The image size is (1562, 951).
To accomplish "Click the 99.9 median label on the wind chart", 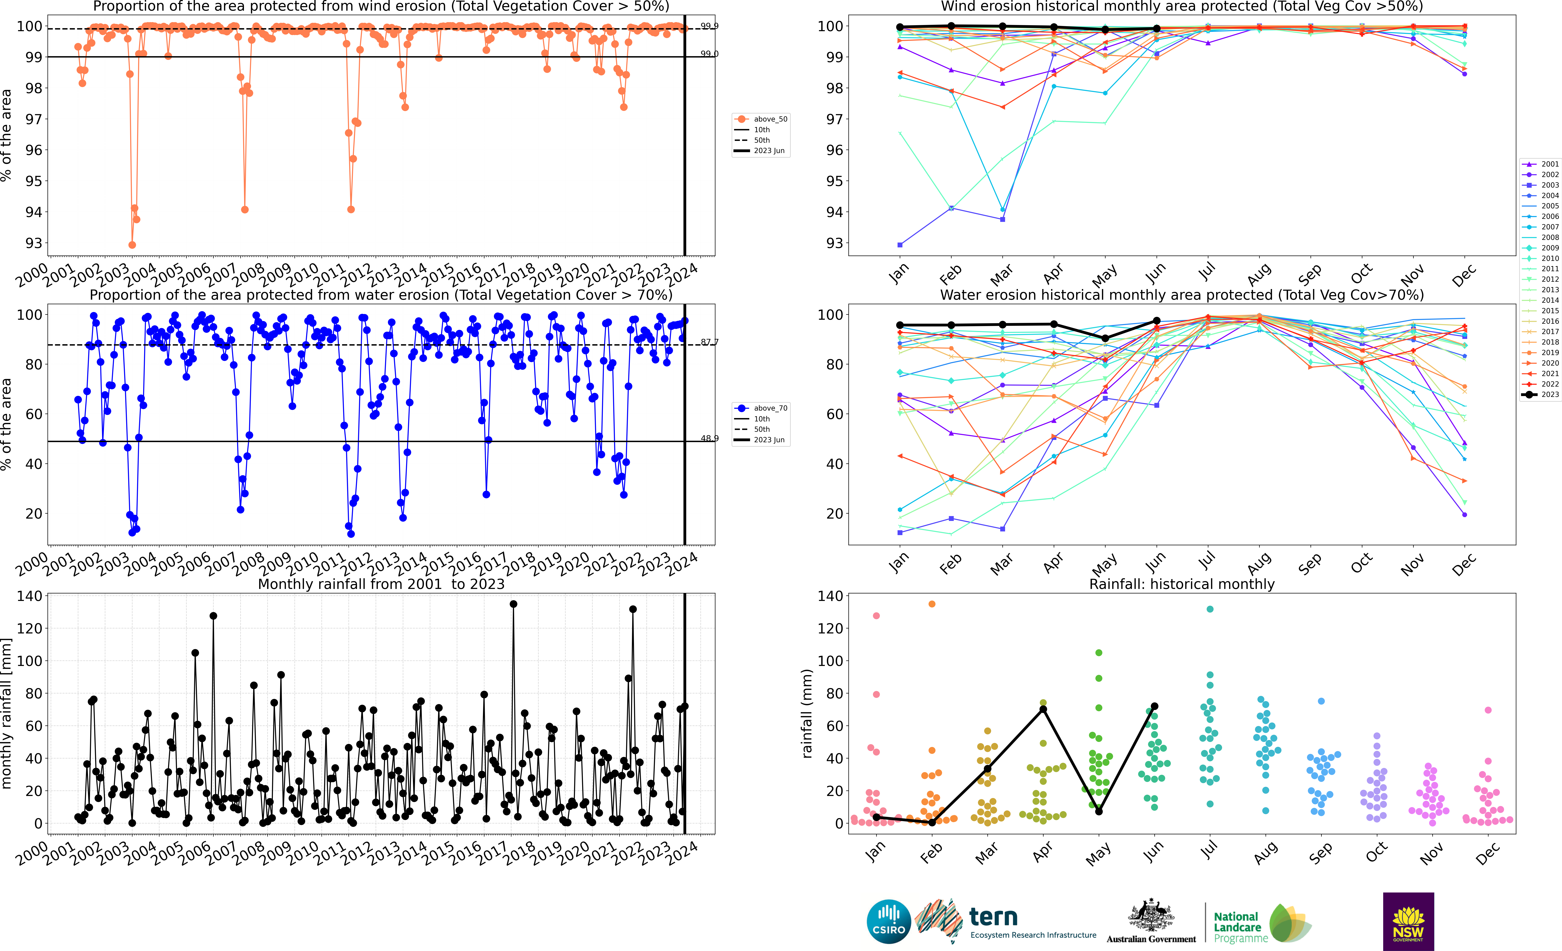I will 709,26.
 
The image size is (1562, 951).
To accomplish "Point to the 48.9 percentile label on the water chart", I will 709,438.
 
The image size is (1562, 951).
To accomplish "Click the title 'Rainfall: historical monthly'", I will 1182,584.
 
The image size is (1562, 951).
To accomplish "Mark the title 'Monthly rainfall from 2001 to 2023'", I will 381,584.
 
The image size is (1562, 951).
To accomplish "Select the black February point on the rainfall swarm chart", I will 932,822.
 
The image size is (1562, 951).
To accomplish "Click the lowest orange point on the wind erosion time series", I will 132,245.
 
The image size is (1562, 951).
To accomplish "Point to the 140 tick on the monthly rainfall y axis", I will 30,596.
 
